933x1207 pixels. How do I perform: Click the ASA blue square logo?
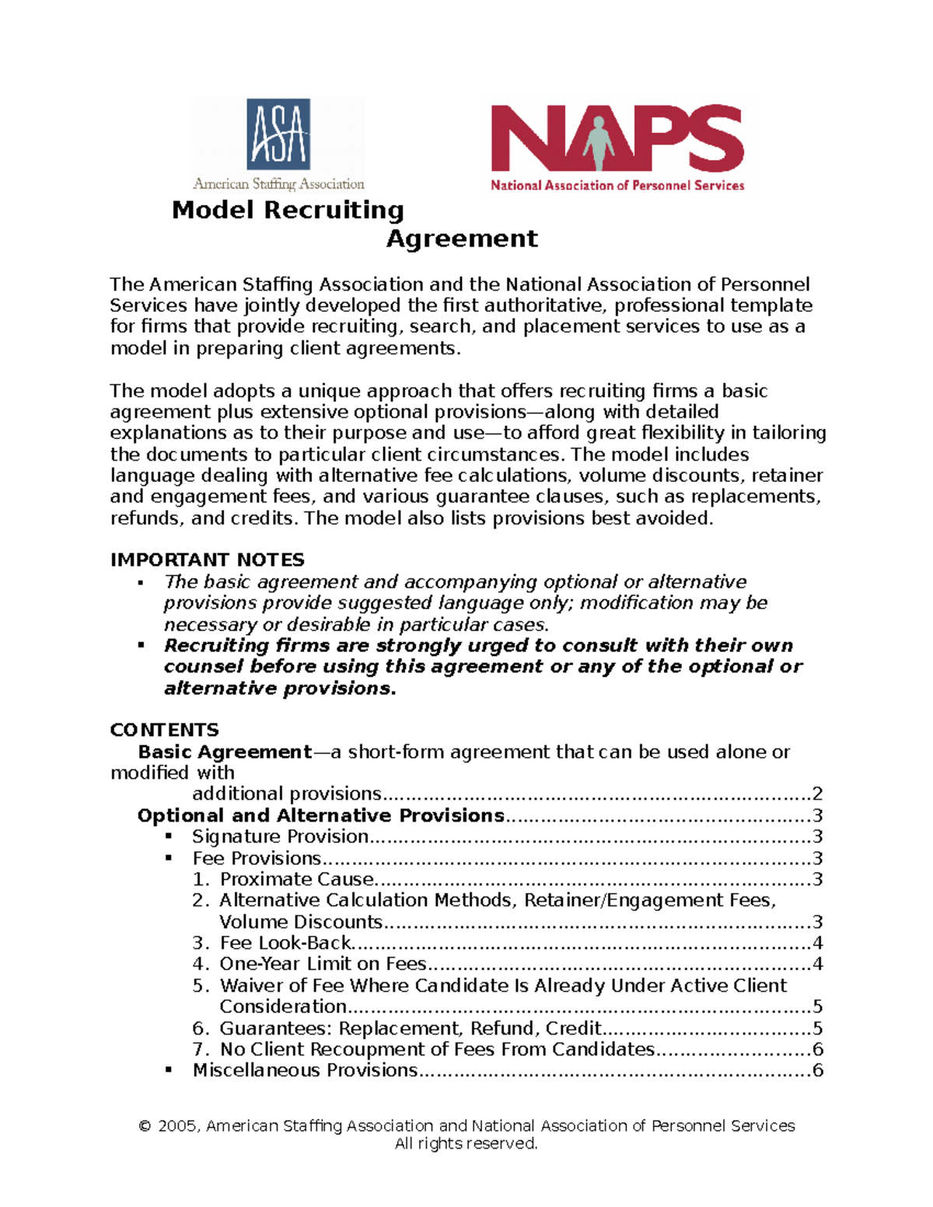click(x=278, y=134)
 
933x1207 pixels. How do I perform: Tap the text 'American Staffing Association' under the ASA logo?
click(x=278, y=184)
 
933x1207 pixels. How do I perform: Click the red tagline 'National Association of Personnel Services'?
click(x=617, y=185)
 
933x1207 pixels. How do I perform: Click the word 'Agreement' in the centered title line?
click(x=462, y=239)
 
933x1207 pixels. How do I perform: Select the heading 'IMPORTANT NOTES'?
click(x=207, y=560)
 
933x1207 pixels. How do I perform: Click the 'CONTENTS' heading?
click(x=164, y=730)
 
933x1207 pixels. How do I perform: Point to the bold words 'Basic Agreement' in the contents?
click(x=225, y=752)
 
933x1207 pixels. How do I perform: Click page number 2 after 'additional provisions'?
click(x=817, y=794)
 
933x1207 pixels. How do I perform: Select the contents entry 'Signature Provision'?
click(x=280, y=836)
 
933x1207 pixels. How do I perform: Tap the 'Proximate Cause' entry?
click(x=297, y=879)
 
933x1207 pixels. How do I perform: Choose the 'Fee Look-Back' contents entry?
click(x=285, y=943)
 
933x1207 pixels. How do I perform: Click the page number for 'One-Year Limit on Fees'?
click(x=817, y=964)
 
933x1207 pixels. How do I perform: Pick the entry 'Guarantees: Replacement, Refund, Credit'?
click(x=411, y=1028)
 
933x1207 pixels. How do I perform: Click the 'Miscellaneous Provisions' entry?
click(x=305, y=1070)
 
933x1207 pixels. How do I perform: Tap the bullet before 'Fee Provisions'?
click(x=169, y=858)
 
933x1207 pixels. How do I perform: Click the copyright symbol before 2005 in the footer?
click(x=145, y=1126)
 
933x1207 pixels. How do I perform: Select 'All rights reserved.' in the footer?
click(x=466, y=1144)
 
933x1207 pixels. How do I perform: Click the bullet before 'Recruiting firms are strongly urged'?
click(x=141, y=645)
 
